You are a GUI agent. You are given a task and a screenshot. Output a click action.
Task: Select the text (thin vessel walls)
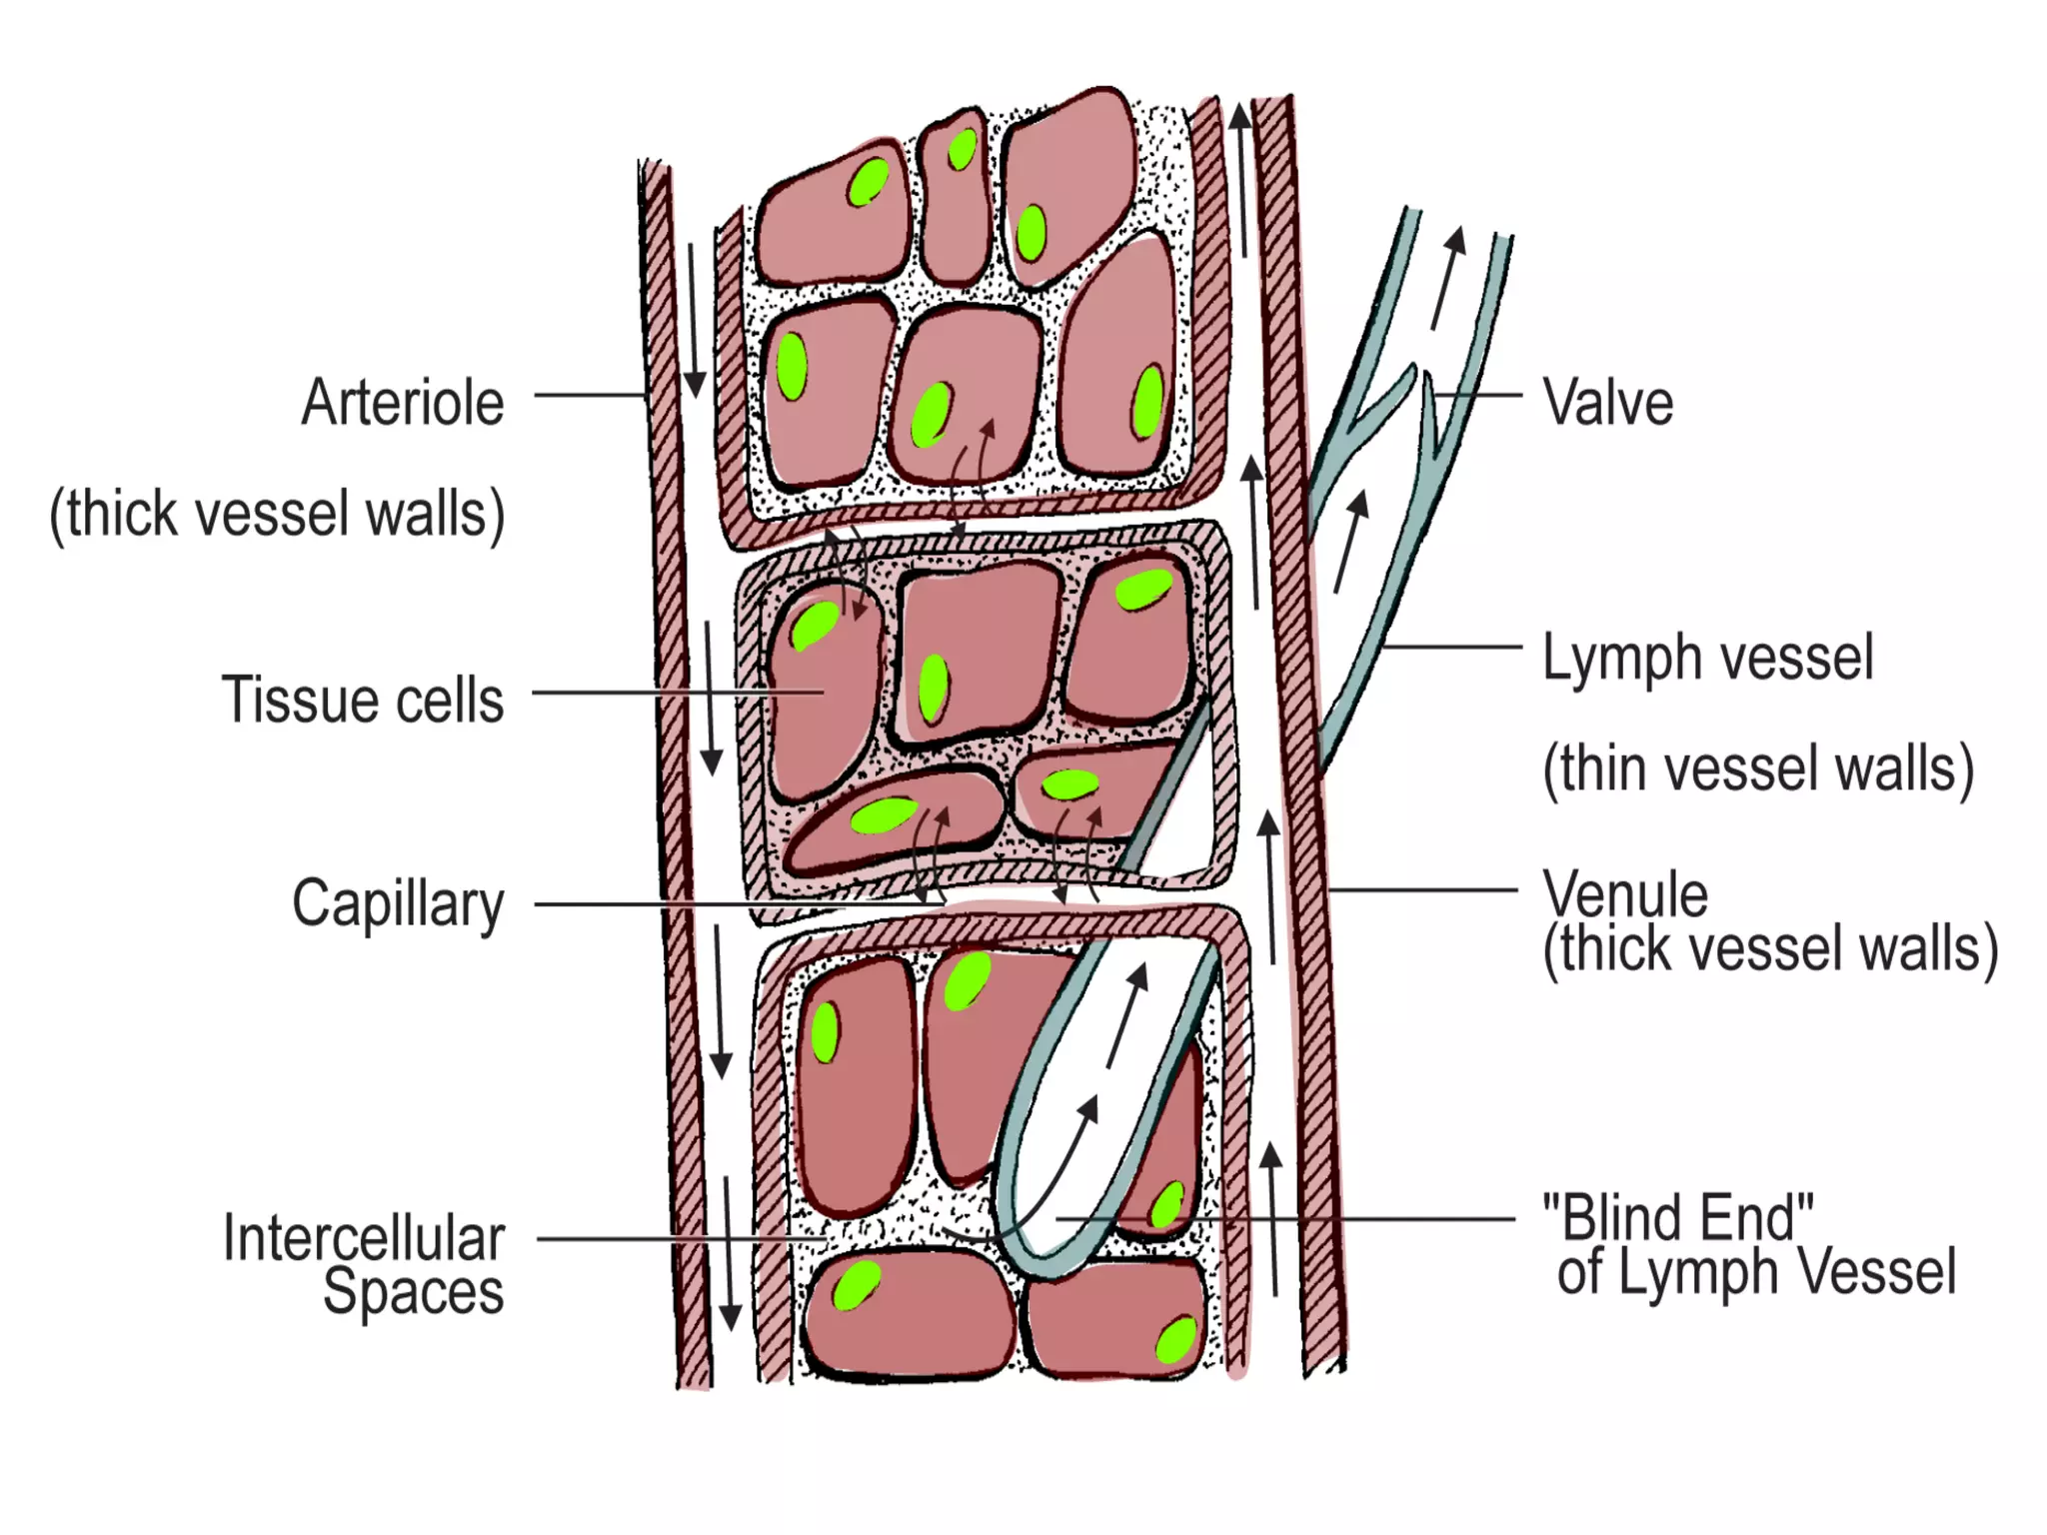point(1758,768)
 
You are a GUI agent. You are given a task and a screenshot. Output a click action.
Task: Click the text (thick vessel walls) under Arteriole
point(277,514)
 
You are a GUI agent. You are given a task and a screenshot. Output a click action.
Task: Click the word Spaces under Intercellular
point(413,1291)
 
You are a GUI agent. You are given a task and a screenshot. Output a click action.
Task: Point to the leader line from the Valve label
point(1479,395)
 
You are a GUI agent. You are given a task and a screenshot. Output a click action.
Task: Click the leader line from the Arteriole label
point(590,395)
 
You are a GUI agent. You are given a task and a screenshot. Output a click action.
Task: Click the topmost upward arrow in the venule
point(1240,180)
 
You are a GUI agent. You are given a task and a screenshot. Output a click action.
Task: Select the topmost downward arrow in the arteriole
point(694,320)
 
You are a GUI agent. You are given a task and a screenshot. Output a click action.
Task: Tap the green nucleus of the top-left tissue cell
point(868,182)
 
